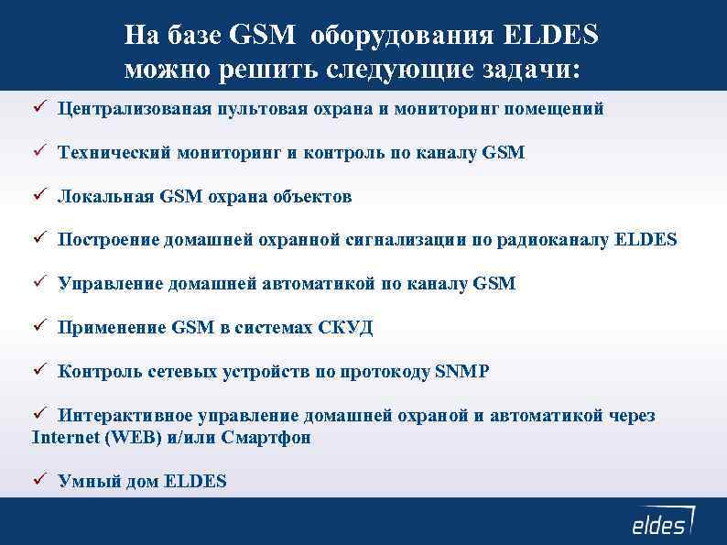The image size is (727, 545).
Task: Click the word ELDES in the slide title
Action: pyautogui.click(x=550, y=36)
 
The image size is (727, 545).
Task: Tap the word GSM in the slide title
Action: pyautogui.click(x=264, y=36)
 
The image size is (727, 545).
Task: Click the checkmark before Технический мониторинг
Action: pyautogui.click(x=38, y=152)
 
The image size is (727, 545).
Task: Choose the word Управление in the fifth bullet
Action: pyautogui.click(x=110, y=285)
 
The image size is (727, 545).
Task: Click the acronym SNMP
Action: pyautogui.click(x=462, y=372)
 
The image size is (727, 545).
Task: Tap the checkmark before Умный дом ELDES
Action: pyautogui.click(x=38, y=480)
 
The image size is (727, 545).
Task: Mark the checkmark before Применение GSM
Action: pyautogui.click(x=38, y=327)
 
